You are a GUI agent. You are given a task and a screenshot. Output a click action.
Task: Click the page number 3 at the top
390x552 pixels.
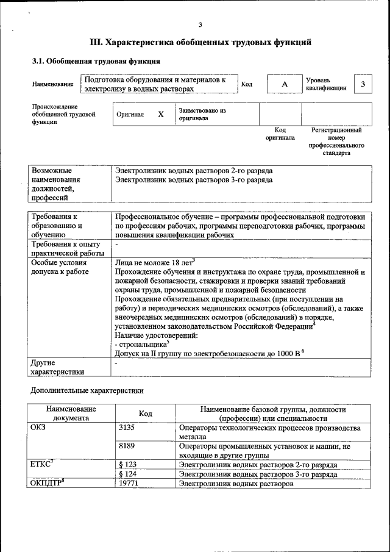click(200, 24)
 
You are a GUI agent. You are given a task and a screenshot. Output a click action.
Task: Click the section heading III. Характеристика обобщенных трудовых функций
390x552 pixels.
click(200, 43)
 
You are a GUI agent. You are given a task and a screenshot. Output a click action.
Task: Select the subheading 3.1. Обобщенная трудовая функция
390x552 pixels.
click(96, 62)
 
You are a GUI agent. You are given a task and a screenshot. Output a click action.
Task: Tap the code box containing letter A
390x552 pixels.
click(284, 84)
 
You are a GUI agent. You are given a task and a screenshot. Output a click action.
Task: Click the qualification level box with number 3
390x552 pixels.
click(363, 84)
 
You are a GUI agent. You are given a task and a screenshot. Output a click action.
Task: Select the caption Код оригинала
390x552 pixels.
click(280, 134)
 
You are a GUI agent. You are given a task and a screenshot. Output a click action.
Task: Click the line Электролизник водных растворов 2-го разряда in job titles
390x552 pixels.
click(194, 171)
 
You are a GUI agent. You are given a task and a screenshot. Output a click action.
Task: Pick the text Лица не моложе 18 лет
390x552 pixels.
click(154, 262)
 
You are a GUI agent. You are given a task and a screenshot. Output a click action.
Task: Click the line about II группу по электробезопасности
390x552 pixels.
click(207, 354)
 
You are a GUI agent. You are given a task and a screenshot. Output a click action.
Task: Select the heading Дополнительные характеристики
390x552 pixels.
click(87, 390)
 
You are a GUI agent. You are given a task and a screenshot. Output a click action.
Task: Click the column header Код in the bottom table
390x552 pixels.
click(145, 414)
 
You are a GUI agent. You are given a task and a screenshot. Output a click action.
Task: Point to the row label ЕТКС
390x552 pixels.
click(41, 465)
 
